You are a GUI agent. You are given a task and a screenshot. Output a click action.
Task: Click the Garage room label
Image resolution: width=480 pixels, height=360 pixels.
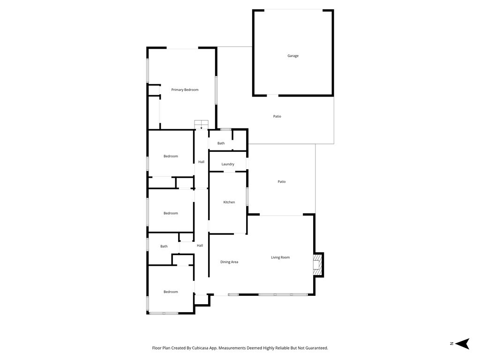293,56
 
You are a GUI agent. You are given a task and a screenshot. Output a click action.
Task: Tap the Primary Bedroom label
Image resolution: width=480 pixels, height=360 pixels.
185,90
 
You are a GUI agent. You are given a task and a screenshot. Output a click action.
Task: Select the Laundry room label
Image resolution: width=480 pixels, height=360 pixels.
228,164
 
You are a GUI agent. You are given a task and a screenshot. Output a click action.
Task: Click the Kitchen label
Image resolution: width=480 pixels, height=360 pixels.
229,202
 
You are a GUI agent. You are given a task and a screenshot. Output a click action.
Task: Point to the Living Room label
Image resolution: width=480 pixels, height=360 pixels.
280,257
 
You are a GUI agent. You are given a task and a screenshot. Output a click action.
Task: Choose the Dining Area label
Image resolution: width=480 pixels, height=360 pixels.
229,262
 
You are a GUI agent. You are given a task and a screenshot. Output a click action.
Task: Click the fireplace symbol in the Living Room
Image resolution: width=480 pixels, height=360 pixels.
318,265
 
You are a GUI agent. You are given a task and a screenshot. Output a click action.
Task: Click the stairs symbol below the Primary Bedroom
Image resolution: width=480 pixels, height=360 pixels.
202,124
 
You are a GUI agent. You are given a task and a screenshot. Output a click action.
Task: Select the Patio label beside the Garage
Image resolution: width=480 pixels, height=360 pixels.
277,116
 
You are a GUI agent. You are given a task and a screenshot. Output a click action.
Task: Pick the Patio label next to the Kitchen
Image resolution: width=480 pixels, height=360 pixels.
281,181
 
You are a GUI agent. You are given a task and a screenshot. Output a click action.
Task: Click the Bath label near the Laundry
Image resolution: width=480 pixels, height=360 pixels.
221,143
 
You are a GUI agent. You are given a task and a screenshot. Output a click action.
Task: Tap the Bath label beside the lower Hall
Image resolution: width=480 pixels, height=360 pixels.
164,246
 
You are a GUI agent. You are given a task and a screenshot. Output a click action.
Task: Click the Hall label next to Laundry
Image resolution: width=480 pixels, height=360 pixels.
201,162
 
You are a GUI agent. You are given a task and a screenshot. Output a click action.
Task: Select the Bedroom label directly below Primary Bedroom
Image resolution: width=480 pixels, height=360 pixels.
171,156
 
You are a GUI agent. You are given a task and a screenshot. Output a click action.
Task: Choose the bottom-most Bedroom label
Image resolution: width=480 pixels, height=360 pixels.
171,292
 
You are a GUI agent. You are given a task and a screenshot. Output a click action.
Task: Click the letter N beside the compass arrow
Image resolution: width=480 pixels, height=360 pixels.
451,344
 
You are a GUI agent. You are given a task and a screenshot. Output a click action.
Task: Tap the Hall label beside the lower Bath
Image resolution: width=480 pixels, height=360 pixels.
200,246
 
